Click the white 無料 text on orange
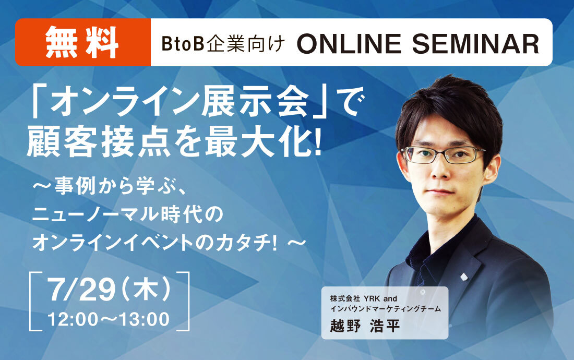click(82, 42)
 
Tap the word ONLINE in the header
click(349, 43)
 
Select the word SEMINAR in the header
click(475, 43)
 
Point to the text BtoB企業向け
click(223, 44)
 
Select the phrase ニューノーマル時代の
click(128, 214)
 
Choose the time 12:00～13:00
click(109, 319)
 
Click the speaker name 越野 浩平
click(365, 325)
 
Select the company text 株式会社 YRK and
click(364, 298)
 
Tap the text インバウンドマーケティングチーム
click(386, 309)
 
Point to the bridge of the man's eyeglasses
click(441, 152)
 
